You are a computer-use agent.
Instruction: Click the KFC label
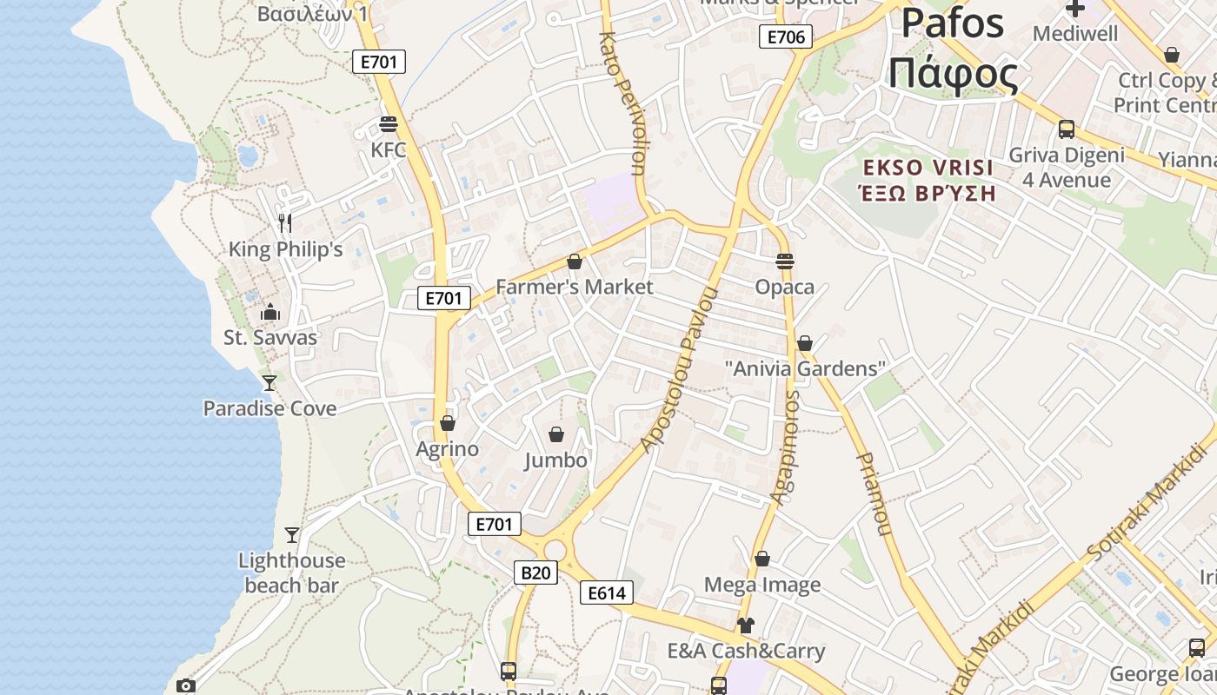(x=388, y=149)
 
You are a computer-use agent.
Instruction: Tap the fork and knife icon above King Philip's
(x=285, y=222)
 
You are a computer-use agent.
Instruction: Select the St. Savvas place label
(x=270, y=337)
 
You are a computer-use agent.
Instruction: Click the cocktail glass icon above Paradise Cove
(x=269, y=382)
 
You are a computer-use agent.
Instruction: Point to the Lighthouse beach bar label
(x=291, y=573)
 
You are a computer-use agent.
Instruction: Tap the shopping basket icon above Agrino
(x=448, y=423)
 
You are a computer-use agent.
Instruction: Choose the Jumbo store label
(x=555, y=460)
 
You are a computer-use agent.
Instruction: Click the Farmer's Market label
(x=574, y=286)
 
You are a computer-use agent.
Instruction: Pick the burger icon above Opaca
(x=785, y=261)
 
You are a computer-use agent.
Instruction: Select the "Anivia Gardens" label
(x=804, y=368)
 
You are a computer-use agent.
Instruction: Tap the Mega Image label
(x=762, y=585)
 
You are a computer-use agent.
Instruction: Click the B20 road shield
(x=535, y=573)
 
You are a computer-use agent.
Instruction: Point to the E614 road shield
(x=607, y=593)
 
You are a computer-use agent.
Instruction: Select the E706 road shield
(x=786, y=36)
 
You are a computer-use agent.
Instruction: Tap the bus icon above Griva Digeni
(x=1066, y=129)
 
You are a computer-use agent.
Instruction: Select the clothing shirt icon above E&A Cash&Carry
(x=745, y=625)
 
